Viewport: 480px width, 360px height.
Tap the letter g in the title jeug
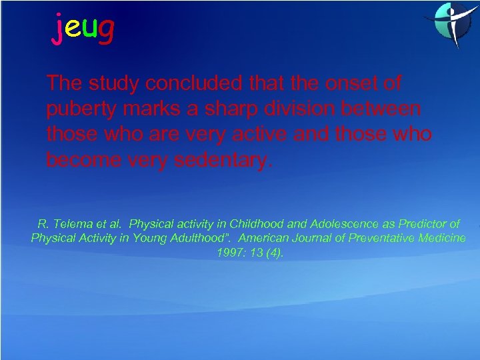105,29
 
